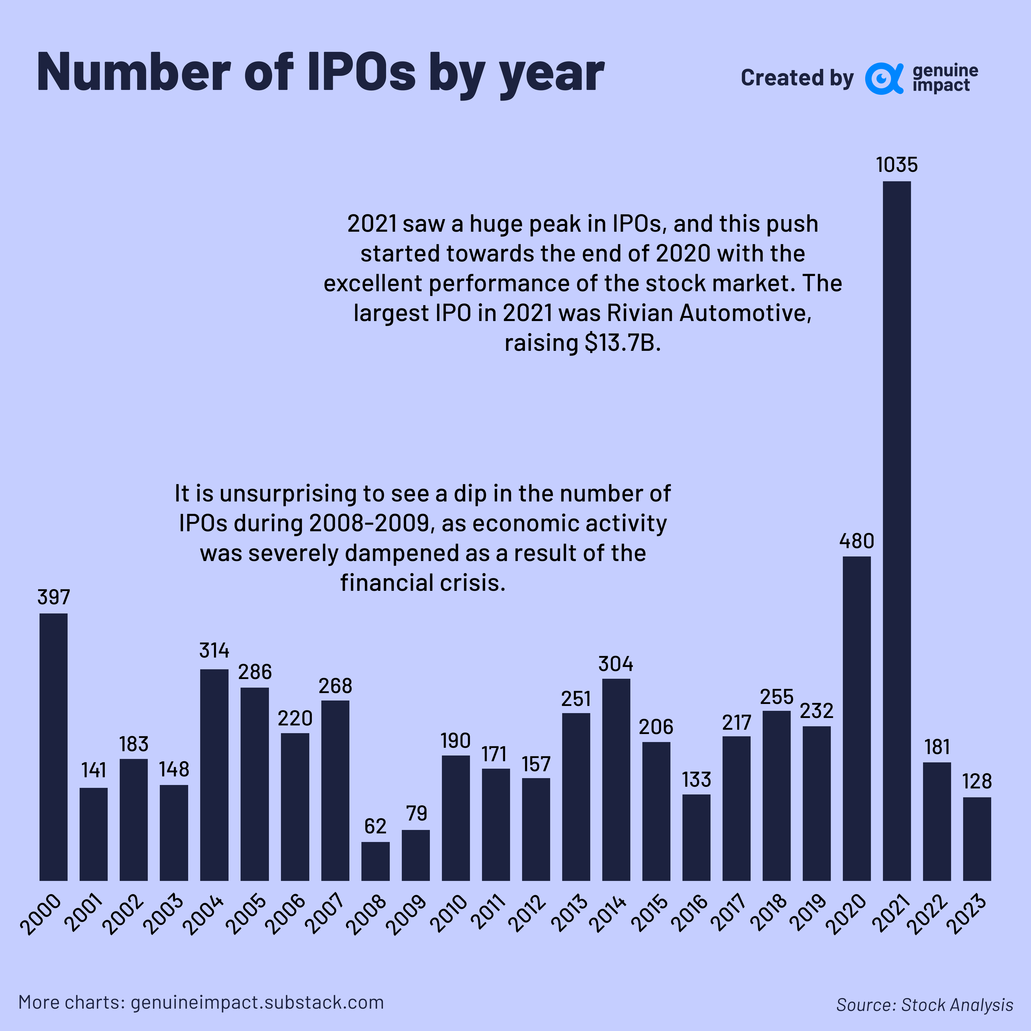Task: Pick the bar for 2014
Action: point(616,779)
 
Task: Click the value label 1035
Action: point(896,165)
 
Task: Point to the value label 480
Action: point(857,541)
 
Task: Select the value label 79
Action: point(416,813)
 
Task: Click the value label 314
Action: point(214,650)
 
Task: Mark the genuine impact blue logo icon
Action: point(883,78)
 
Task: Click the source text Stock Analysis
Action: point(957,1005)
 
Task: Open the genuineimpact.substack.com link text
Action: point(257,1002)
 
